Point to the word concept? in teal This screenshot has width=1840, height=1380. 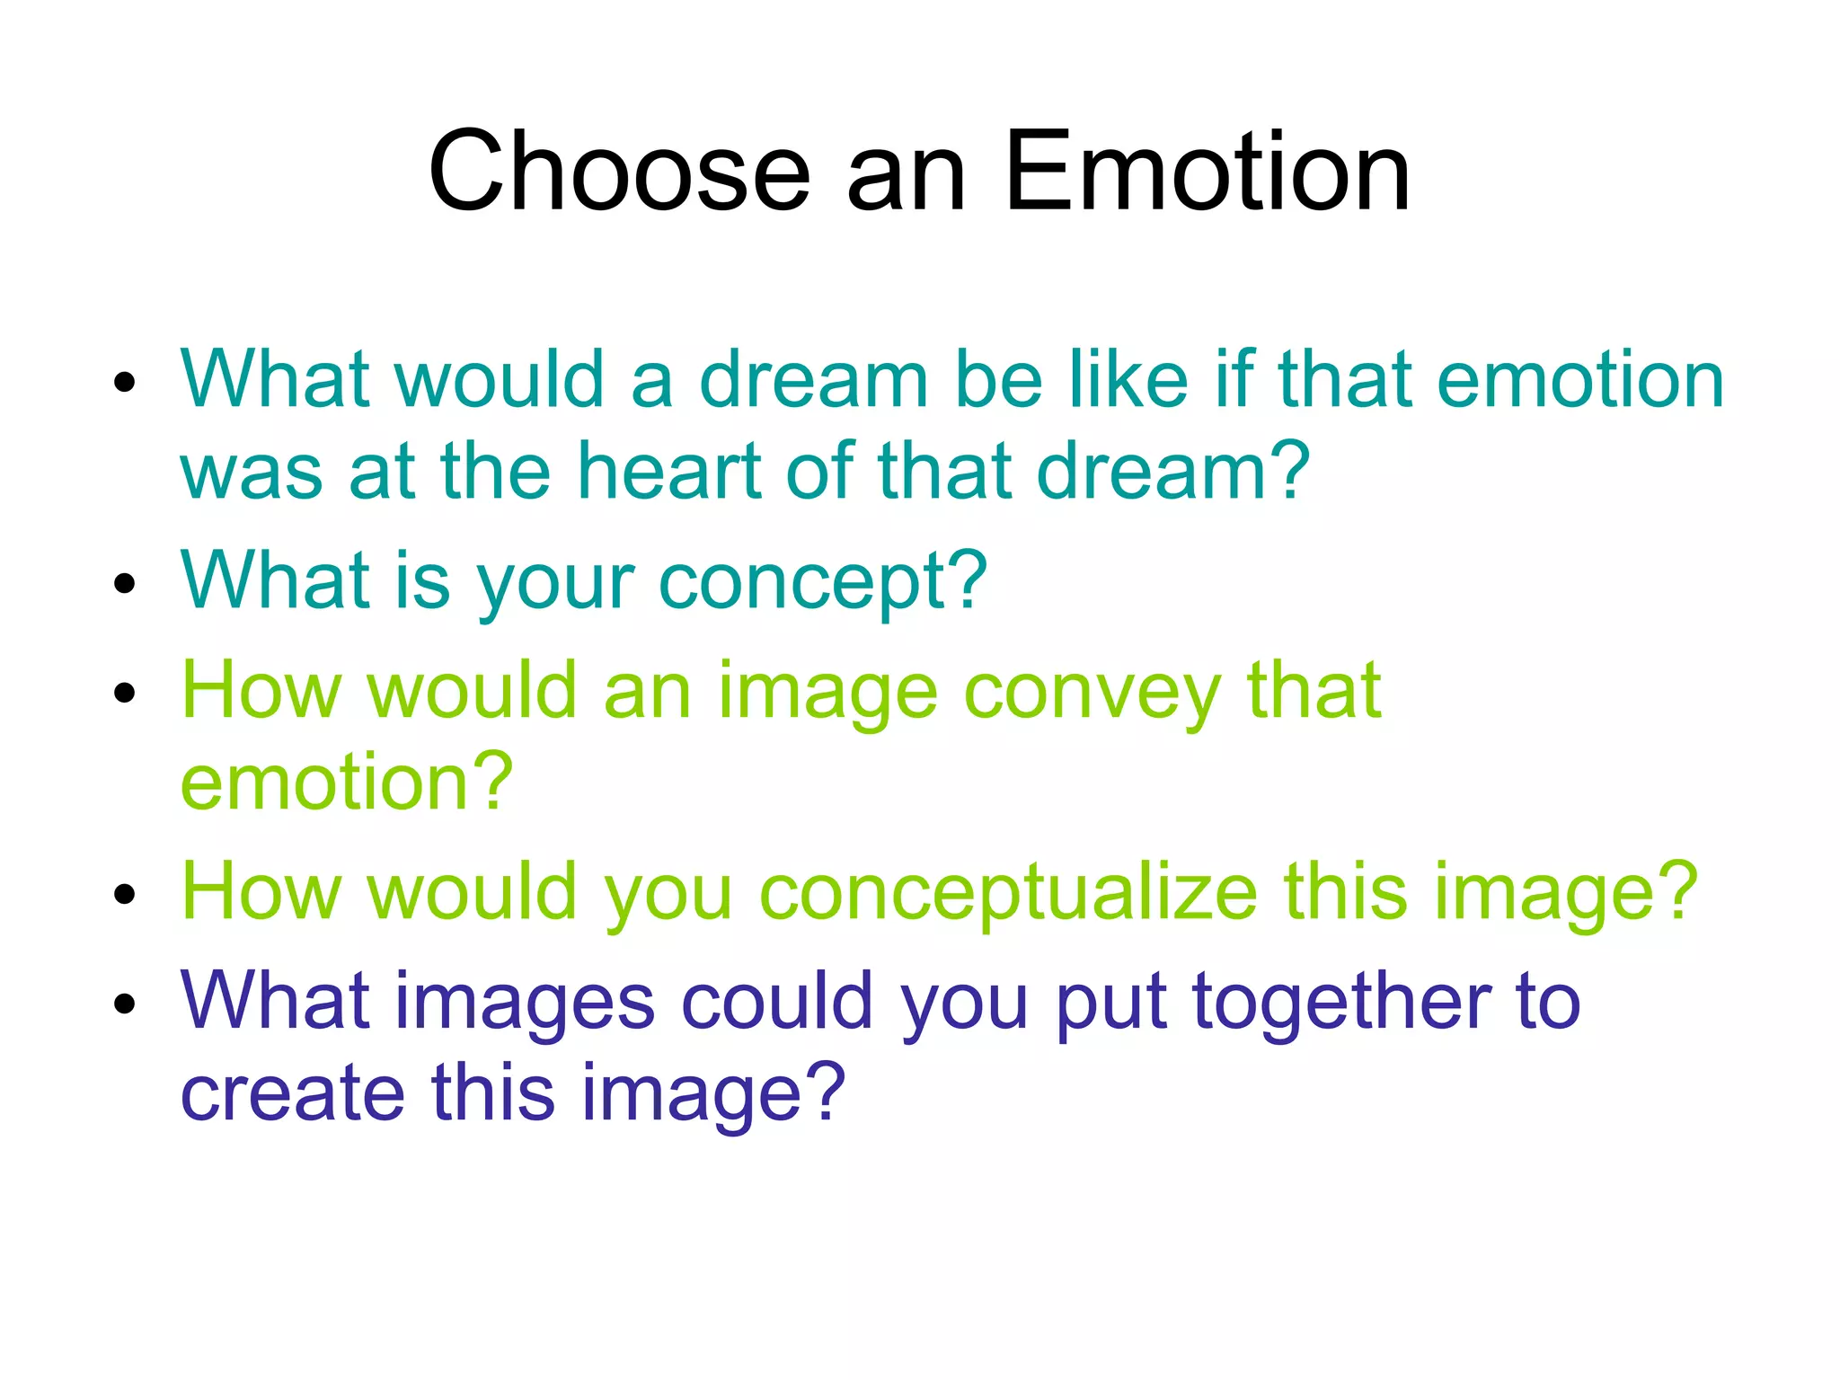coord(823,582)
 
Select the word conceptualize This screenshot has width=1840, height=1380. coord(1007,892)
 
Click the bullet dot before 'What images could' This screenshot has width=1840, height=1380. coord(125,1004)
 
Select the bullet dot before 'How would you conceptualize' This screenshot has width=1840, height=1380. coord(125,894)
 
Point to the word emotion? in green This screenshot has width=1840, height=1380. coord(347,782)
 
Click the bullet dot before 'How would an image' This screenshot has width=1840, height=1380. coord(125,694)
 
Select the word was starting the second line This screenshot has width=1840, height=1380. coord(251,473)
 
